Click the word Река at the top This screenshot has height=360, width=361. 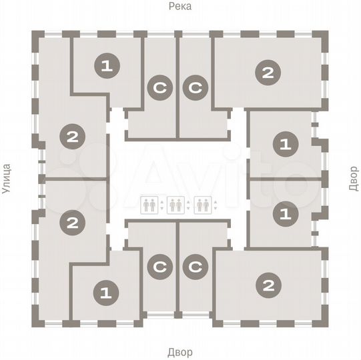[180, 7]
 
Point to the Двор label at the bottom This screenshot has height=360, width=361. [180, 352]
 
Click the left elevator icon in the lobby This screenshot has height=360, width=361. [150, 204]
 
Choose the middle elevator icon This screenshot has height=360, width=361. [175, 204]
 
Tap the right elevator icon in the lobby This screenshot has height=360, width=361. [202, 204]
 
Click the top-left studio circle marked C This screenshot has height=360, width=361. [159, 89]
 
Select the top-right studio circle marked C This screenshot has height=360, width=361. [196, 89]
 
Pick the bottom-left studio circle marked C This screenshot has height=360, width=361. [159, 267]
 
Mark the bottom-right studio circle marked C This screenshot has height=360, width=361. [196, 267]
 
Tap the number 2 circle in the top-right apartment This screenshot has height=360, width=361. [268, 73]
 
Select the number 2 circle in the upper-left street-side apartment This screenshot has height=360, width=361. [71, 138]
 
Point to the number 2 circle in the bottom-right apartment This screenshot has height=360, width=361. [268, 286]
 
